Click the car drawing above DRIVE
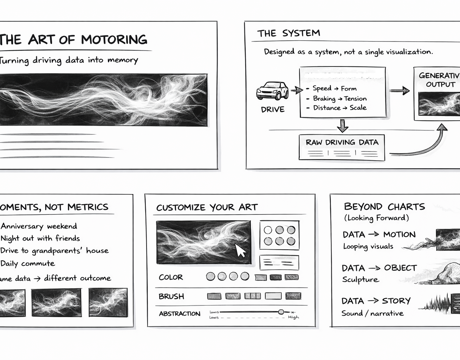tap(272, 91)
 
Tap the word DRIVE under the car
tap(273, 110)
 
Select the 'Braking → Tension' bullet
tap(339, 99)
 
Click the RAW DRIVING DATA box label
tap(342, 142)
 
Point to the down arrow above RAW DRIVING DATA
tap(342, 125)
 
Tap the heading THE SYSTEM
tap(289, 33)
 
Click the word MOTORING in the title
tap(114, 39)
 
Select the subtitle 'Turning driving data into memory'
tap(69, 60)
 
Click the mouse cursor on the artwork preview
tap(240, 250)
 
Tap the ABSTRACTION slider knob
tap(281, 312)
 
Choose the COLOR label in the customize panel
tap(171, 277)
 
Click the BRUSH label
tap(171, 296)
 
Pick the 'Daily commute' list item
tap(28, 263)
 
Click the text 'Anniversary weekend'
tap(39, 226)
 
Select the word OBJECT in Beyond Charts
tap(400, 268)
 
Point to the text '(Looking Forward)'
tap(376, 218)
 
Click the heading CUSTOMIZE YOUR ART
tap(207, 207)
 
